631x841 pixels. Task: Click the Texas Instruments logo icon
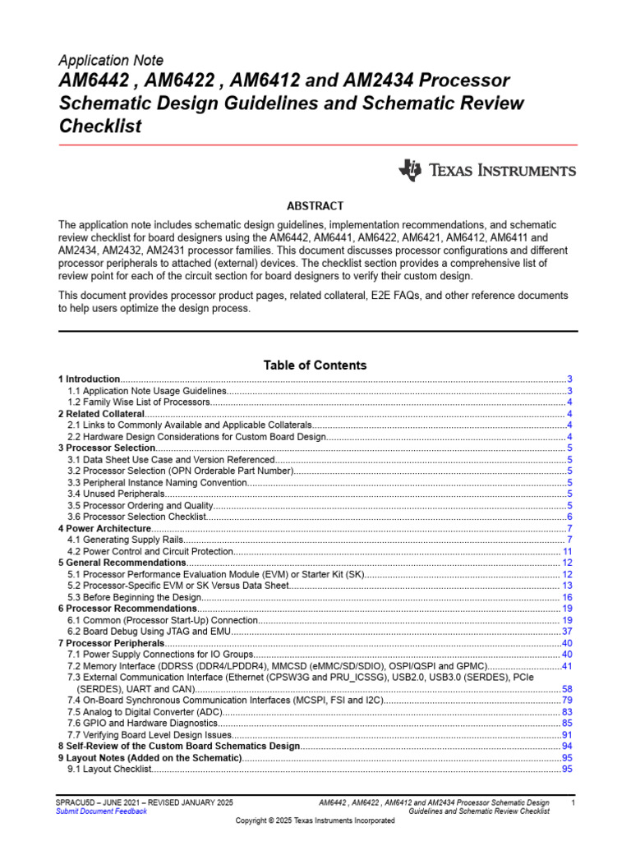click(x=410, y=170)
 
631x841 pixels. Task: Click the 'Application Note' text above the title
click(x=111, y=61)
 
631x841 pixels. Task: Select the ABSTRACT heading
click(x=315, y=206)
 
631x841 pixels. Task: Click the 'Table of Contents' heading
click(x=315, y=365)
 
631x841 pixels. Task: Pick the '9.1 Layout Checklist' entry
click(x=109, y=769)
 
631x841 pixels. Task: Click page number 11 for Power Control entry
click(x=567, y=551)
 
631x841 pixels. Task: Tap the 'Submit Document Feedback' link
click(x=101, y=811)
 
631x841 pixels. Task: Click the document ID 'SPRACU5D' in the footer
click(x=77, y=801)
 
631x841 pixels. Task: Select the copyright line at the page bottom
click(x=315, y=820)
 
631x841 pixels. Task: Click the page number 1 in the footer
click(x=573, y=801)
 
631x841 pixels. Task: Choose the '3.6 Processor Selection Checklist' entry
click(x=136, y=517)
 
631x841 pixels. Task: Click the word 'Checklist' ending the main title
click(x=100, y=126)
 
